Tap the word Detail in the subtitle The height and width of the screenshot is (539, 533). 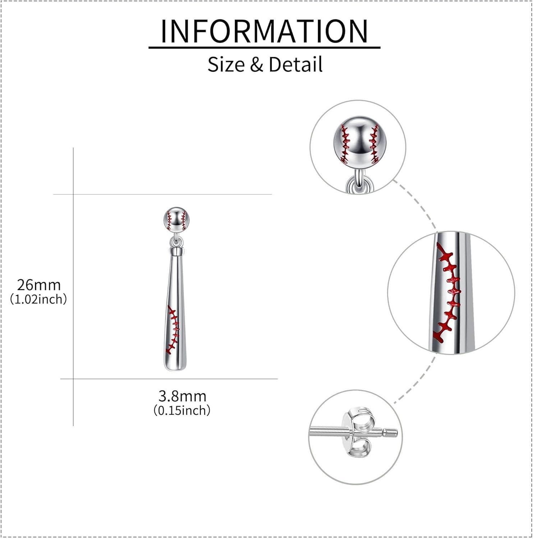point(295,65)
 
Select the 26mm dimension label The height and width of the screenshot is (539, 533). point(39,285)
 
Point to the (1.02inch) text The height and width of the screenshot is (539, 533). point(38,299)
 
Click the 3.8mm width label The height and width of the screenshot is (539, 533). point(182,396)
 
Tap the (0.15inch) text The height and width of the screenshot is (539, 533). point(182,410)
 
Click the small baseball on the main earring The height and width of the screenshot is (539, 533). point(176,219)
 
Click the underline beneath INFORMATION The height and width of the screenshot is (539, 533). point(264,47)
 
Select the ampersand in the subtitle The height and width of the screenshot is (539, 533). point(257,65)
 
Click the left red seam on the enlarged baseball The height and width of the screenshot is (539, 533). point(345,144)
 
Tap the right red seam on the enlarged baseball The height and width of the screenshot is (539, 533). point(375,144)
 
